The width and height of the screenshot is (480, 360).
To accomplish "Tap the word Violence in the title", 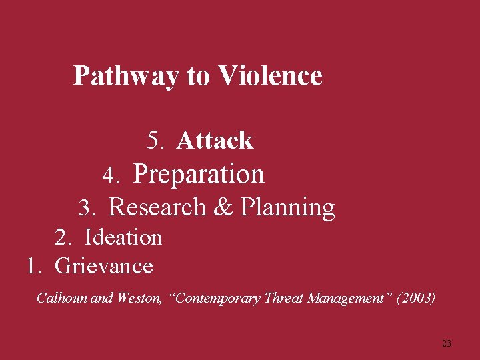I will click(x=270, y=75).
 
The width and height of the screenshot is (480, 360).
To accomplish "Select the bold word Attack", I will click(x=215, y=141).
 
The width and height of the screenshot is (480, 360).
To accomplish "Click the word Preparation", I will click(x=199, y=175).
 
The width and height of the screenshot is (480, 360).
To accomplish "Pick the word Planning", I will click(x=287, y=208).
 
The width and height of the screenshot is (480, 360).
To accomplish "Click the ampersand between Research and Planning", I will click(x=223, y=207).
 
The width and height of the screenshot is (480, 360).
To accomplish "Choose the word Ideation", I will click(x=123, y=237).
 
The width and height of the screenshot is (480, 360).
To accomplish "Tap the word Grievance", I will click(x=104, y=266).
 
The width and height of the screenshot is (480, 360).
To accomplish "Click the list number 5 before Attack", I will click(x=156, y=141).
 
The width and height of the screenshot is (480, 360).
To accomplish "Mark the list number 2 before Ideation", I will click(x=63, y=237).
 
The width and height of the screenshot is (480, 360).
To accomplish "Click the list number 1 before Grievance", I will click(x=33, y=266).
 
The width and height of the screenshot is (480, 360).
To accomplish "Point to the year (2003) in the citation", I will click(x=416, y=298).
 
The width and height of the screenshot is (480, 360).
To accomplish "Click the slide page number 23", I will click(x=447, y=343).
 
